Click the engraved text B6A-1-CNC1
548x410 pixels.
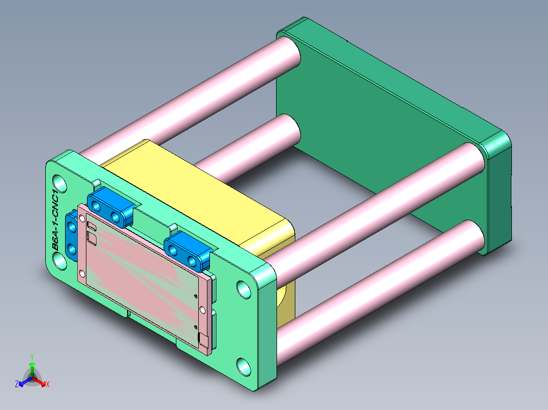[58, 219]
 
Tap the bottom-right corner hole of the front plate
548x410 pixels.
[244, 366]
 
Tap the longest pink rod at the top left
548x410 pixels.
[188, 96]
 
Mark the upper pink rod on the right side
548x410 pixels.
[376, 203]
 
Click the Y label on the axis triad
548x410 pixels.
[32, 357]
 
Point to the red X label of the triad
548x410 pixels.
[47, 385]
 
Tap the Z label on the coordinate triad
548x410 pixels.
[17, 385]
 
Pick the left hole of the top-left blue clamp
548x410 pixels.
[96, 206]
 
